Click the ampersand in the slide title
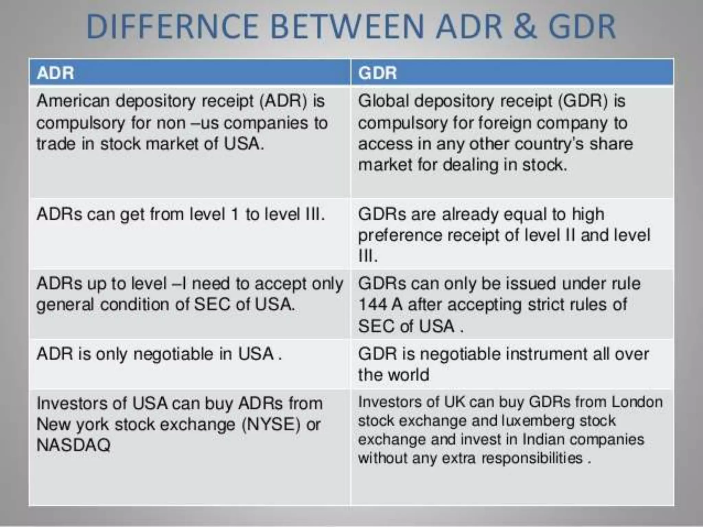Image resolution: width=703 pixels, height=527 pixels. (525, 27)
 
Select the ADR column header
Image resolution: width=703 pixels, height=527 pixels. (55, 73)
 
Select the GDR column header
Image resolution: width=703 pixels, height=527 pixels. (377, 73)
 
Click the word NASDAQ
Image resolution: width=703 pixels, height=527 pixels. (73, 445)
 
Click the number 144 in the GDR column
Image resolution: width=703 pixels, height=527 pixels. (372, 305)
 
